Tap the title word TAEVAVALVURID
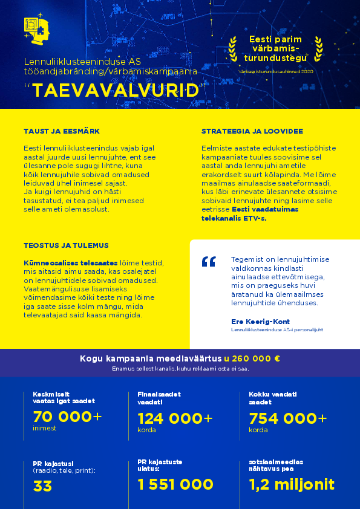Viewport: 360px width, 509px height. pyautogui.click(x=116, y=90)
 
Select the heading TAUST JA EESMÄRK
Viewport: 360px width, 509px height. pyautogui.click(x=61, y=131)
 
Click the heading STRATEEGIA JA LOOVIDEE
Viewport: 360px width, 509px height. pyautogui.click(x=252, y=131)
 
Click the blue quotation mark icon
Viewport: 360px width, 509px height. pyautogui.click(x=209, y=262)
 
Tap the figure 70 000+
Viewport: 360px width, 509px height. pyautogui.click(x=67, y=417)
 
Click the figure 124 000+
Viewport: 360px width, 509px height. pyautogui.click(x=175, y=418)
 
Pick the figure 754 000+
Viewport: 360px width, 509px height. pyautogui.click(x=287, y=418)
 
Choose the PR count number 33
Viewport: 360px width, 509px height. pyautogui.click(x=43, y=485)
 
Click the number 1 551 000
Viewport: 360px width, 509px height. pyautogui.click(x=175, y=484)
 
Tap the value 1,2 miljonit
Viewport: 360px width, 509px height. pyautogui.click(x=291, y=484)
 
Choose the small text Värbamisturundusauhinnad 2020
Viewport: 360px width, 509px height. pyautogui.click(x=275, y=71)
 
